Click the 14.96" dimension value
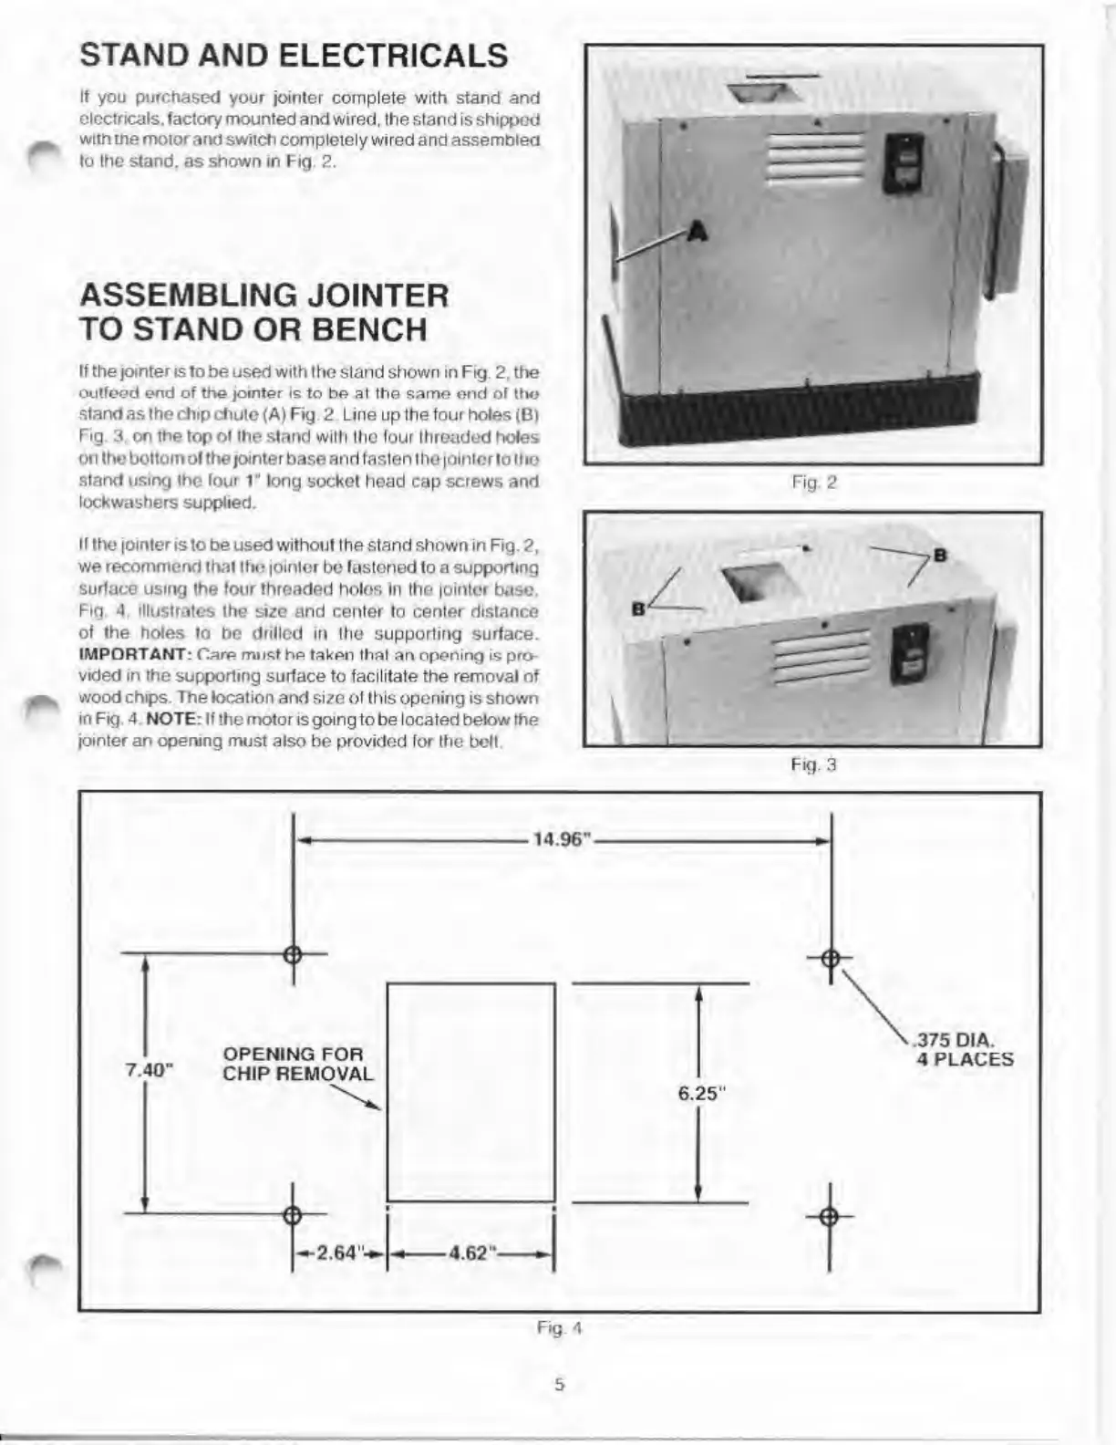563,840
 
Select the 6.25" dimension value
700,1093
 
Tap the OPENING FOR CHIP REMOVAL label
297,1064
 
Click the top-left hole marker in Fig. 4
293,955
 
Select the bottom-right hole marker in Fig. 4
830,1217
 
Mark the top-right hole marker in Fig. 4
831,957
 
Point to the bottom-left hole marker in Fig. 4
293,1214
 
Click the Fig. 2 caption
814,483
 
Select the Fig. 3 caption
813,764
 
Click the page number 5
560,1384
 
